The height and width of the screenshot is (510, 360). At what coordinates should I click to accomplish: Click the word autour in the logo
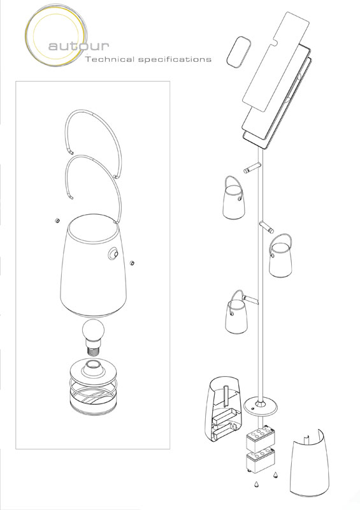79,45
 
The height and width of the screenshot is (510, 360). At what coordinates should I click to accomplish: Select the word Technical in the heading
110,59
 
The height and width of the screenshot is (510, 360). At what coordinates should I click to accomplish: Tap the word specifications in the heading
175,59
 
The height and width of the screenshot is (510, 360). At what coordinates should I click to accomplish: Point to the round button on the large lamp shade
113,254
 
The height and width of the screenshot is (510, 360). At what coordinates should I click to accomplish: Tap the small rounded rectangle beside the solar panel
239,52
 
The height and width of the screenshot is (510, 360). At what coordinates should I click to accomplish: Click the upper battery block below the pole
260,440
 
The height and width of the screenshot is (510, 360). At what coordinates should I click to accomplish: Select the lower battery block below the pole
260,462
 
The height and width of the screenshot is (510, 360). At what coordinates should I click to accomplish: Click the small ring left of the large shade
57,221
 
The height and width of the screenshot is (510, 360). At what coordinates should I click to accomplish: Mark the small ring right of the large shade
132,263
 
